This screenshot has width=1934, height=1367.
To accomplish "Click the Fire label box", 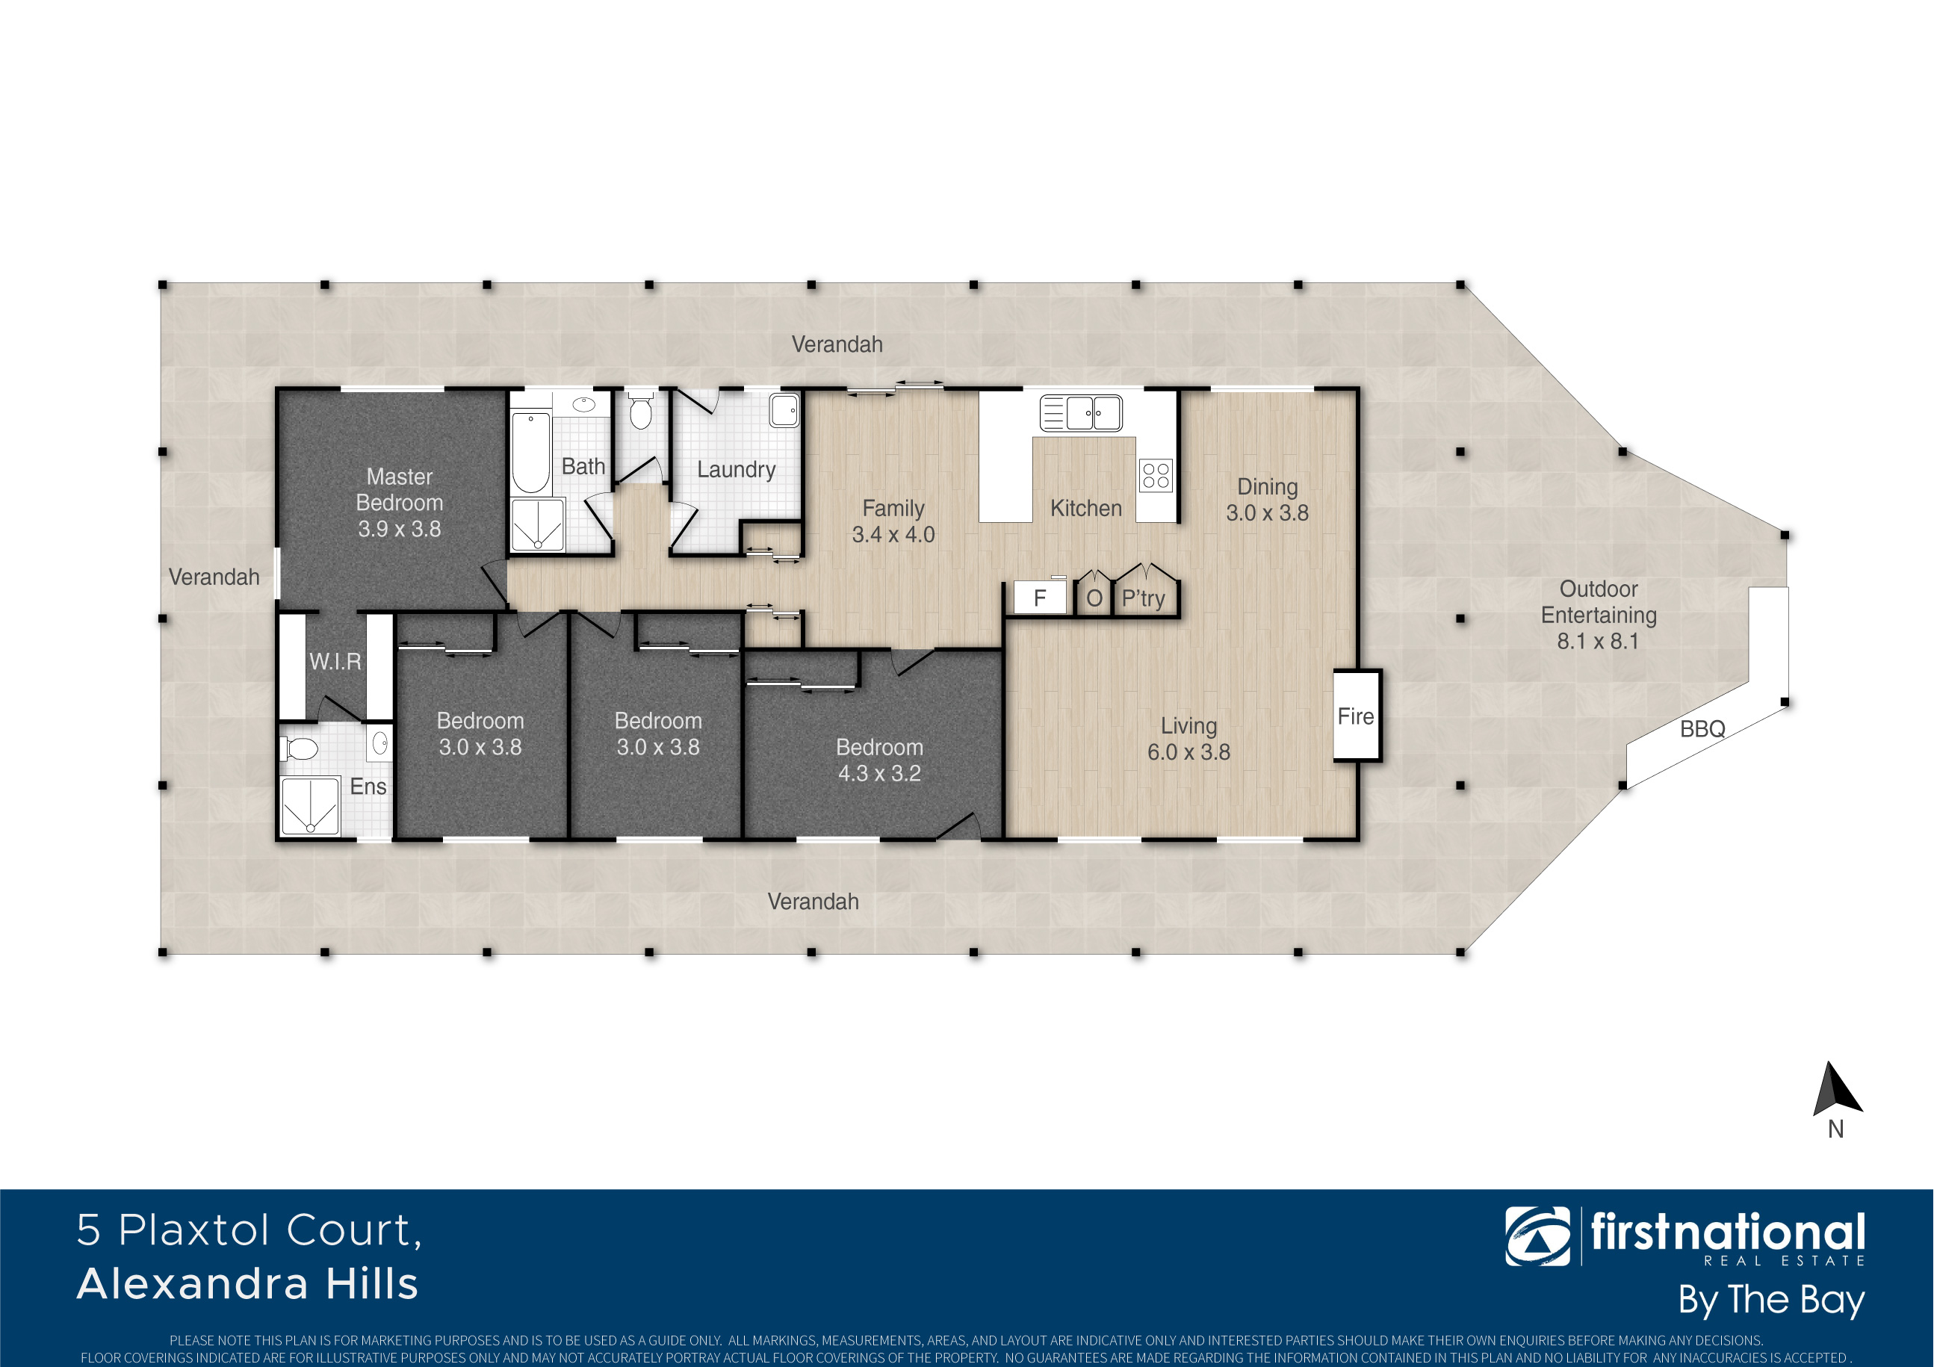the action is coord(1356,716).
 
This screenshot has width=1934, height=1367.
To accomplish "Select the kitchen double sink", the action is coord(1081,412).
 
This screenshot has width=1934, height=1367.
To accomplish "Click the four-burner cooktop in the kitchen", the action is coord(1156,475).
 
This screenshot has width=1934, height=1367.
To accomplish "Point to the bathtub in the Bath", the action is coord(530,452).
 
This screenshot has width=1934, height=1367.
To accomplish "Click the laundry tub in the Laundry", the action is coord(784,410).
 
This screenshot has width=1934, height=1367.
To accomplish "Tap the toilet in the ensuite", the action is coord(301,748).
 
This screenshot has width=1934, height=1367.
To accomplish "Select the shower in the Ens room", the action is coord(309,806).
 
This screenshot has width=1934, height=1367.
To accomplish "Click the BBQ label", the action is coord(1702,728).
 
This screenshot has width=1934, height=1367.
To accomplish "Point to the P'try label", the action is coord(1143,598).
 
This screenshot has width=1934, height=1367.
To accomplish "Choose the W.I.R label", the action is coord(335,661).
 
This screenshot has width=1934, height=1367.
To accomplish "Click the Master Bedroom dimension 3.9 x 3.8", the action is coord(399,529).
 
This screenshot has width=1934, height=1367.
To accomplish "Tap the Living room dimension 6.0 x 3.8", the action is coord(1188,752).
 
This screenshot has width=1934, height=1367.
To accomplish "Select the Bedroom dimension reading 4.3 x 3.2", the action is coord(879,773).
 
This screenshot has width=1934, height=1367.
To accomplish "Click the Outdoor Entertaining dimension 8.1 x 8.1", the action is coord(1598,641).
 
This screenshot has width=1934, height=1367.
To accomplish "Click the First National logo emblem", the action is coord(1537,1236).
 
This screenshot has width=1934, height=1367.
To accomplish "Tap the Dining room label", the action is coord(1267,487).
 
